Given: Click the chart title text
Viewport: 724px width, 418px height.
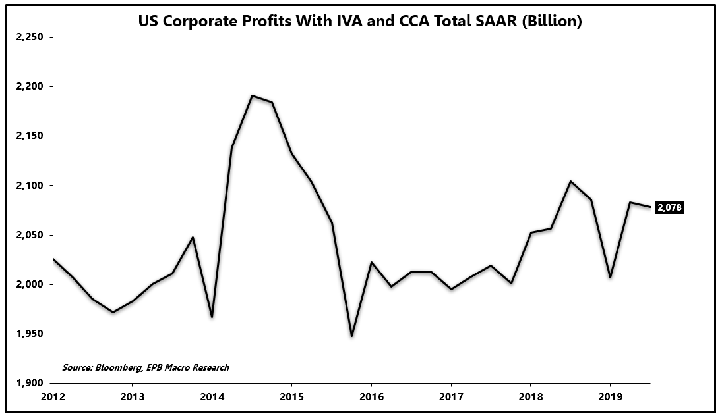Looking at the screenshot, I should tap(359, 21).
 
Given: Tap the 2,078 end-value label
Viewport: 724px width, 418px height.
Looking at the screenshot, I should tap(669, 207).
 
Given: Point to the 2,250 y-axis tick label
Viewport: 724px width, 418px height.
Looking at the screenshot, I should tap(29, 38).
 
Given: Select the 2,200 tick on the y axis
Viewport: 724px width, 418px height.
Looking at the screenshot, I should tap(29, 87).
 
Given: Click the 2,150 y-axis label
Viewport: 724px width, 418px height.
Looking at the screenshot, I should tap(29, 136).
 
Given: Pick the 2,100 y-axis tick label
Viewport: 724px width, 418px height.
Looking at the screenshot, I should tap(29, 186).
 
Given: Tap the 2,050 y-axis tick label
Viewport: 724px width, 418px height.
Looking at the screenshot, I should tap(29, 235).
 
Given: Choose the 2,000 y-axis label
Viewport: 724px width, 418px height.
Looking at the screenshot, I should tap(29, 284).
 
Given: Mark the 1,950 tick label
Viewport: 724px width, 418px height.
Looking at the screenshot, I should tap(29, 334).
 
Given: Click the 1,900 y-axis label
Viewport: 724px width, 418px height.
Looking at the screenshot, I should tap(29, 383).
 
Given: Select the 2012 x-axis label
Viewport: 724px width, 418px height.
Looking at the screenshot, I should tap(52, 397).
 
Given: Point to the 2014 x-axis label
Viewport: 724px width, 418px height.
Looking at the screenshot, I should tap(212, 397).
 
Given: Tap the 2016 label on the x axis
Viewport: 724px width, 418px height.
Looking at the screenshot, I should tap(371, 397).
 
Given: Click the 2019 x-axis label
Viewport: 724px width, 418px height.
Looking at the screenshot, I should tap(610, 397).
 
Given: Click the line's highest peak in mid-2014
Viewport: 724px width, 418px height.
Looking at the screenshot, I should tap(252, 95).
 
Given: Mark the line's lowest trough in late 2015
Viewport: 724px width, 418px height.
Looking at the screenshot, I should tap(351, 336).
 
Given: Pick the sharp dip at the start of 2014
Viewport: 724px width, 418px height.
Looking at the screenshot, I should tap(212, 317).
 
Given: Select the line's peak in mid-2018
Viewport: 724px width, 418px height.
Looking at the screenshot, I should tap(570, 181).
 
